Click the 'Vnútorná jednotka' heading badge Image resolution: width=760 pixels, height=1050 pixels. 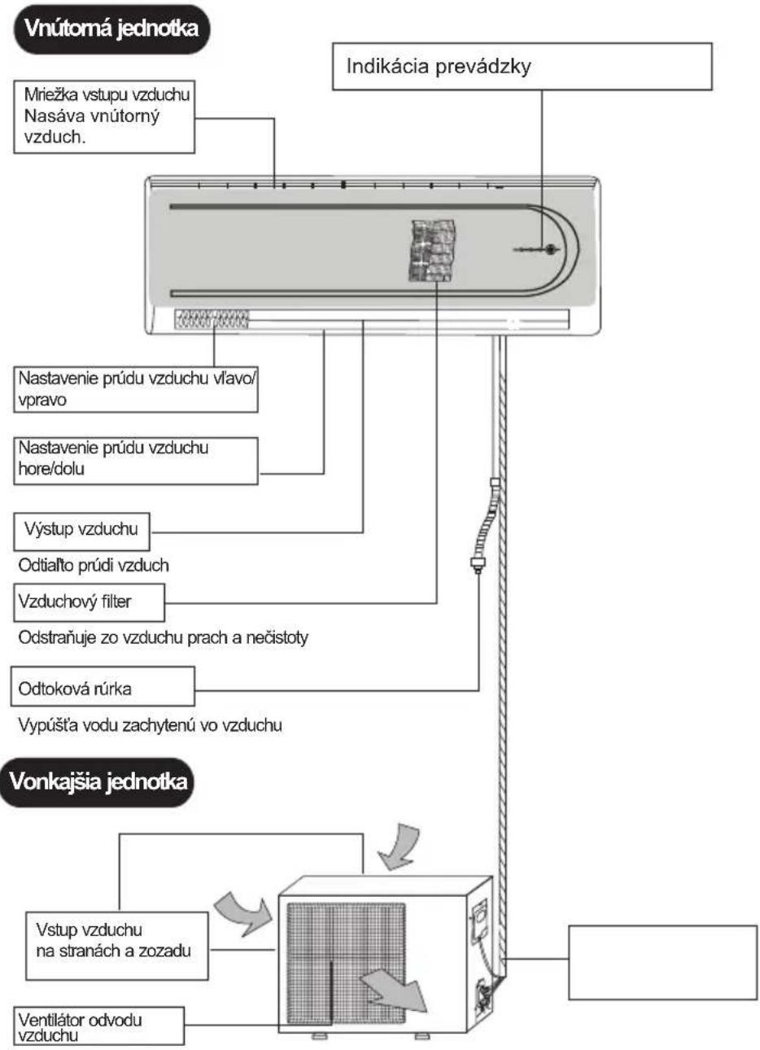coord(111,29)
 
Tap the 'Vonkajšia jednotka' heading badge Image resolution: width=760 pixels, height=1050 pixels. coord(97,782)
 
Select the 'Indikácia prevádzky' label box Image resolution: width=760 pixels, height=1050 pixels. coord(522,67)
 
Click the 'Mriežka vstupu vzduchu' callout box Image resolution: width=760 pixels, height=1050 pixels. coord(104,116)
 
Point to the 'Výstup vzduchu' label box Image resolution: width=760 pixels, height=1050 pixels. coord(81,532)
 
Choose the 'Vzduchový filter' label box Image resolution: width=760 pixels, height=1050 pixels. coord(89,602)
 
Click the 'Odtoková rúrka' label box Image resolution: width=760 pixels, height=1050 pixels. coord(103,686)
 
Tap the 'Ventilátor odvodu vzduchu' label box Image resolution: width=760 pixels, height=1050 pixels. coord(98,1026)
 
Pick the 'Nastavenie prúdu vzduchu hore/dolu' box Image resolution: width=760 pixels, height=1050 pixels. coord(136,461)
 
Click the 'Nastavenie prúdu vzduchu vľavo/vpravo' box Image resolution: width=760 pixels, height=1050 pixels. coord(136,390)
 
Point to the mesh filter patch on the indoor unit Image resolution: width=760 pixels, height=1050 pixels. coord(432,251)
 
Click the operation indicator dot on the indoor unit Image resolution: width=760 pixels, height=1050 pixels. coord(550,249)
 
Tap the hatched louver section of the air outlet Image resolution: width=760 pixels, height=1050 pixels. coord(212,319)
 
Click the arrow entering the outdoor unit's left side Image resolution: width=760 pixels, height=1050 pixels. coord(243,914)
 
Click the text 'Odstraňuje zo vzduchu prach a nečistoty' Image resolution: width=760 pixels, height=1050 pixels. coord(163,638)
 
